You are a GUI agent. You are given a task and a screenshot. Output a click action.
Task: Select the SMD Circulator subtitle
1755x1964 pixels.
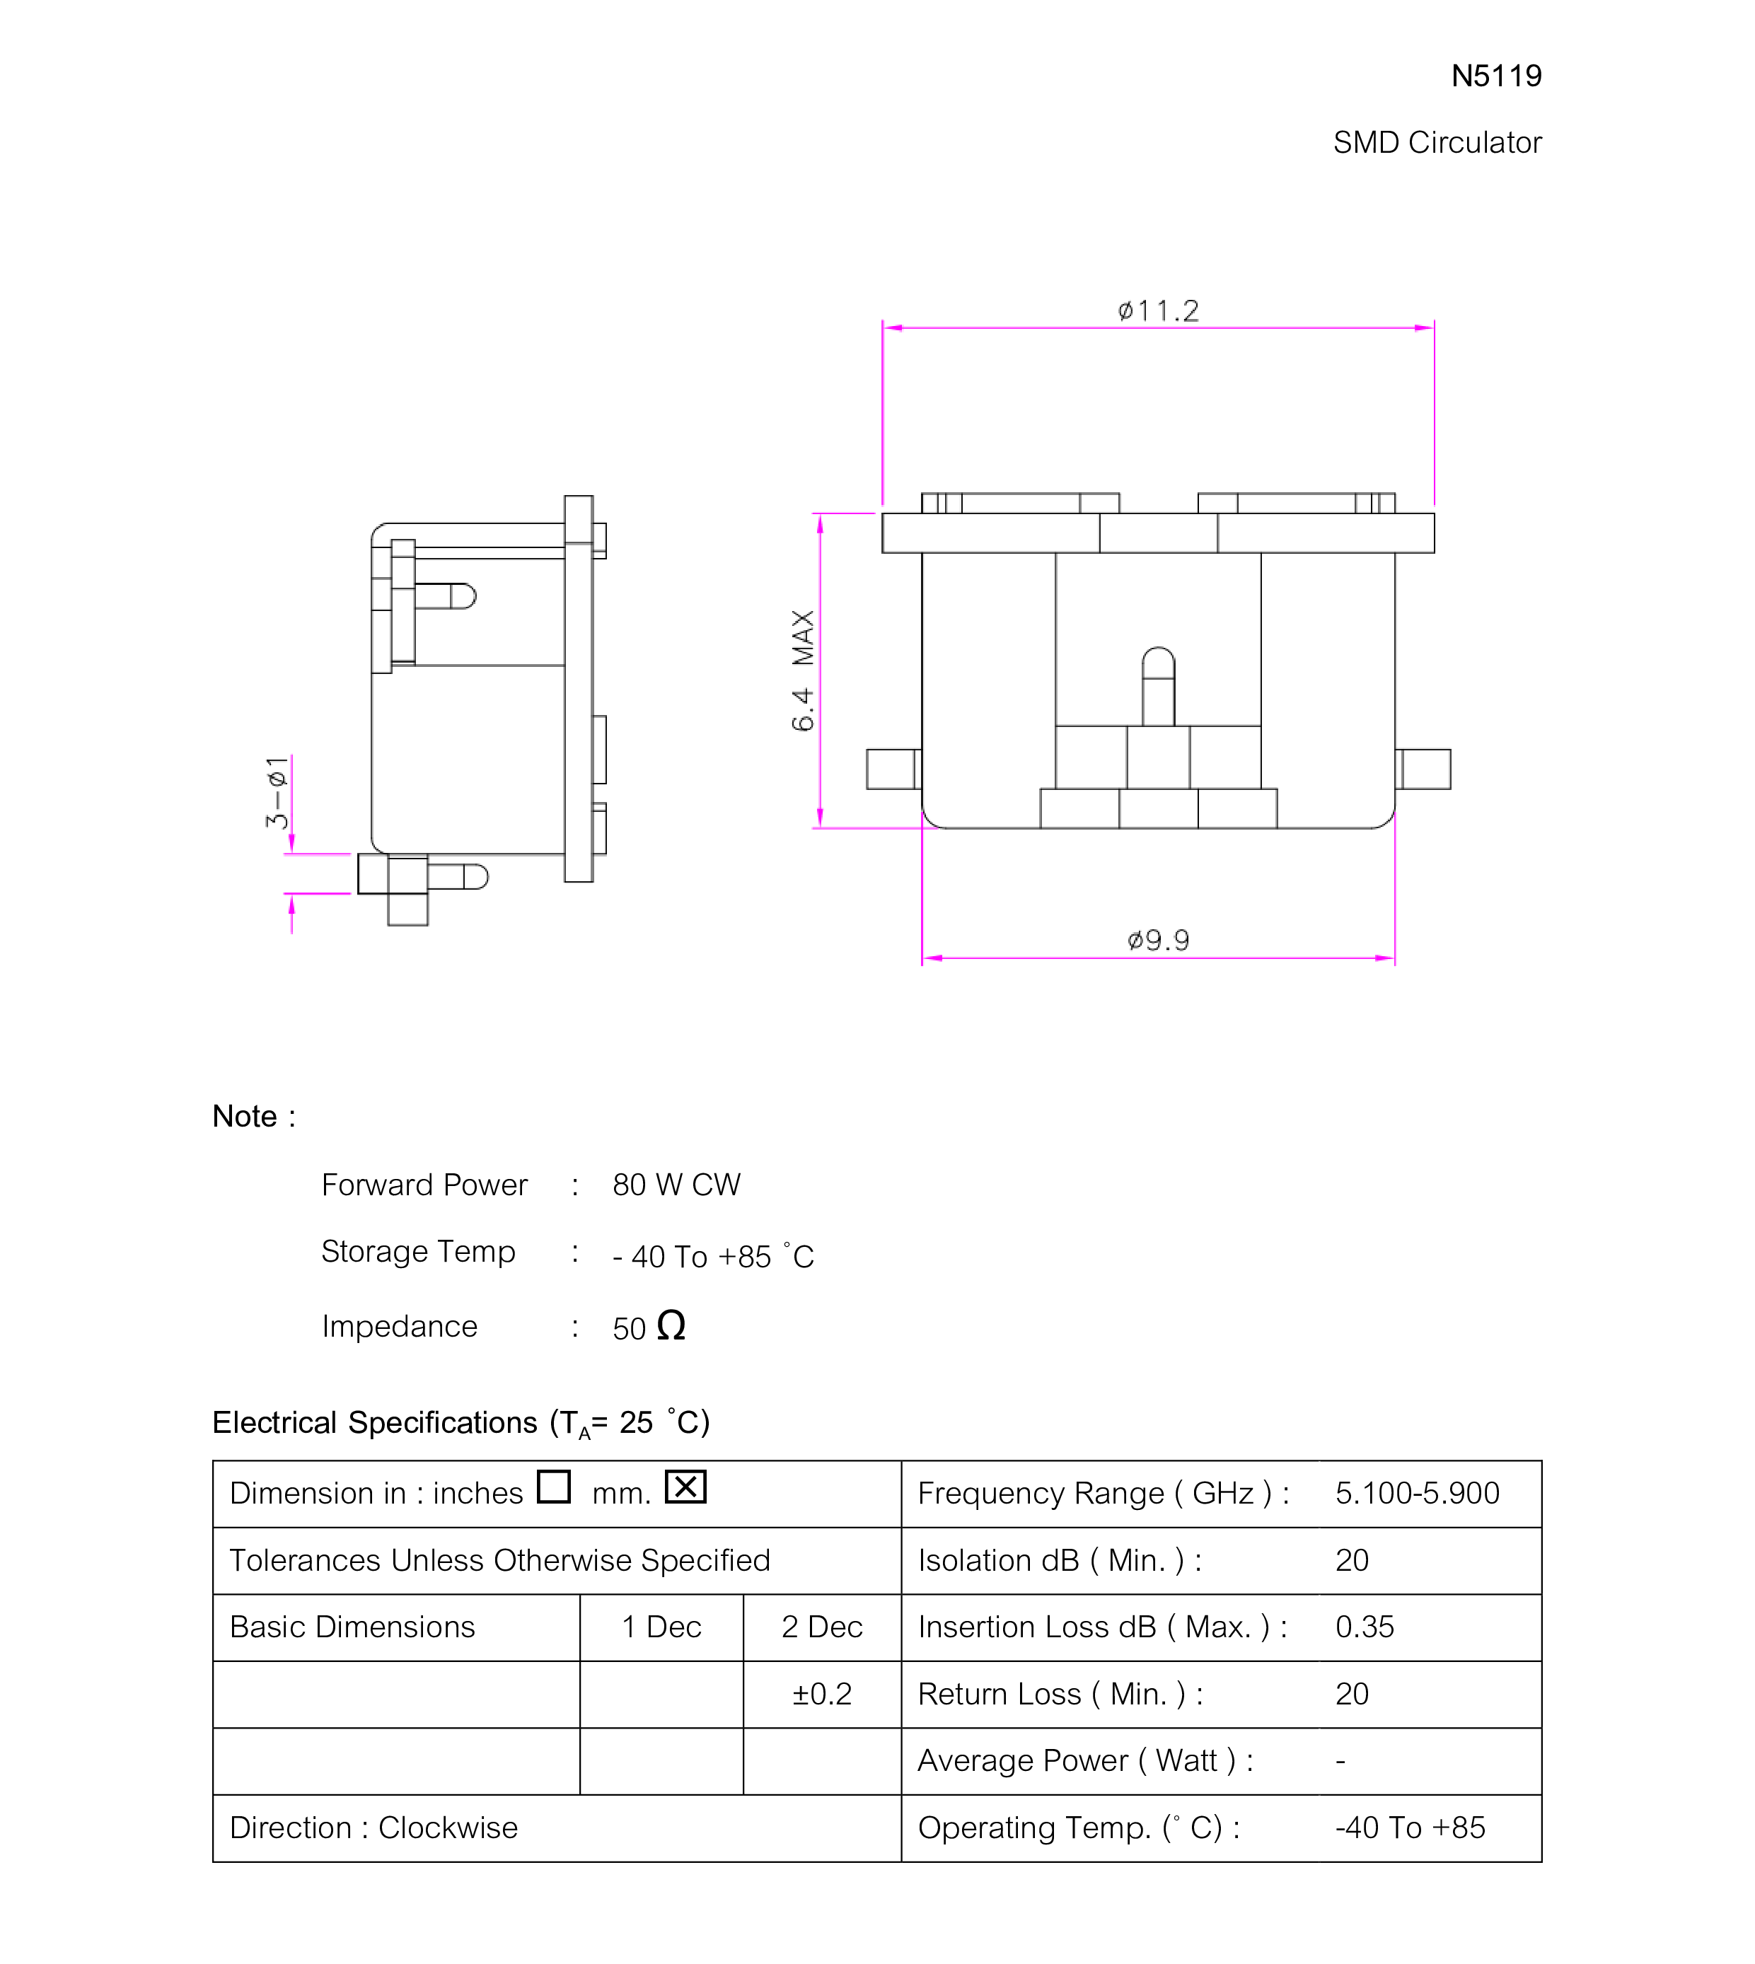coord(1437,143)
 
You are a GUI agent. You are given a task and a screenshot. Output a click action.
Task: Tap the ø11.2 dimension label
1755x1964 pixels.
coord(1158,310)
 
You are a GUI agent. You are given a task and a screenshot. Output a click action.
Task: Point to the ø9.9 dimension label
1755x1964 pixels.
coord(1158,940)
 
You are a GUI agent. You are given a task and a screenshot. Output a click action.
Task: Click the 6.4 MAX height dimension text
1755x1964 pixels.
coord(802,670)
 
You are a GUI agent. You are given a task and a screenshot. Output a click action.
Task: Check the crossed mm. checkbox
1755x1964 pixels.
coord(685,1487)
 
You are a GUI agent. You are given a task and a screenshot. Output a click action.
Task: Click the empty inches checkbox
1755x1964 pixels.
coord(553,1487)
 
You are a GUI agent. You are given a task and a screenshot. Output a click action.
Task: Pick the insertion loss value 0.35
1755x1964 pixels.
coord(1365,1627)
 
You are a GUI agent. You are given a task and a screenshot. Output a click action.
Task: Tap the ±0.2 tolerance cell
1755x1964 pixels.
coord(821,1694)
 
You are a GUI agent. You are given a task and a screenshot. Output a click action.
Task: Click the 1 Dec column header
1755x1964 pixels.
coord(661,1627)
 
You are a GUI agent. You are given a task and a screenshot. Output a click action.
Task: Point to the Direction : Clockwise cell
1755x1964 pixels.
coord(374,1828)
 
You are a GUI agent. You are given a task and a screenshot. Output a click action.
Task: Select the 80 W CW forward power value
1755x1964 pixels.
coord(676,1185)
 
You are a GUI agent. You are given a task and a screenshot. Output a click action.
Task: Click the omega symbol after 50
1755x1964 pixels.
coord(671,1326)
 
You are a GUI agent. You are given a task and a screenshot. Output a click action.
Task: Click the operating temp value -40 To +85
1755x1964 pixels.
coord(1410,1828)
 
